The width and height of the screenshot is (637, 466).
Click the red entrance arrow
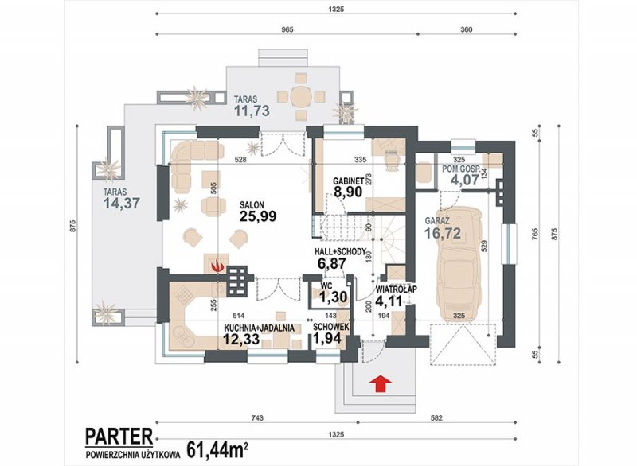tap(381, 383)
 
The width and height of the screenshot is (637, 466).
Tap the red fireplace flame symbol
tap(218, 266)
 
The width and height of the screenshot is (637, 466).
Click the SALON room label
tap(252, 205)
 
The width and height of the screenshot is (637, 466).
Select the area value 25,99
tap(258, 216)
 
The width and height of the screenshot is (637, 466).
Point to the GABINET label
tap(347, 181)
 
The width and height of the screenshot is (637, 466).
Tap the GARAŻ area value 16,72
tap(443, 233)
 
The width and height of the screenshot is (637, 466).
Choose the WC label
tap(326, 286)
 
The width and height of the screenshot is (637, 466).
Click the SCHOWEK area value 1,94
tap(327, 338)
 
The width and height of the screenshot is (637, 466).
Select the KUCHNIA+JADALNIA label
tap(260, 328)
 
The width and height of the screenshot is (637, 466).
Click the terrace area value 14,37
tap(122, 203)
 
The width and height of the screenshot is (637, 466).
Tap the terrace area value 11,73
tap(252, 111)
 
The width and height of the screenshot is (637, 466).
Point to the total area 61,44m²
tap(217, 450)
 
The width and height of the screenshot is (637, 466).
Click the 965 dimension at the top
tap(287, 29)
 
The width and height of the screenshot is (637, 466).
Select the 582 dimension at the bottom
tap(436, 417)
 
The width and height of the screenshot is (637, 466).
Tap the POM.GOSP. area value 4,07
tap(465, 179)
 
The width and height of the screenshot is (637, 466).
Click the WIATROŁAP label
tap(397, 289)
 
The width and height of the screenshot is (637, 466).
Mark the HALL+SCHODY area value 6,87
tap(331, 262)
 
